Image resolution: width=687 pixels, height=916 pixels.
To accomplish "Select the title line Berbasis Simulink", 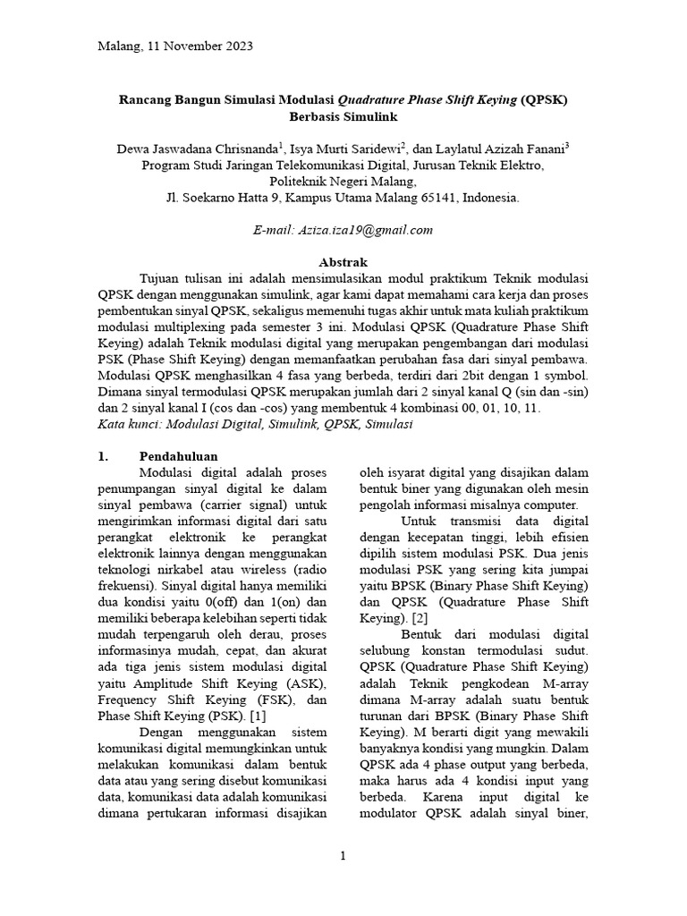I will pyautogui.click(x=343, y=116).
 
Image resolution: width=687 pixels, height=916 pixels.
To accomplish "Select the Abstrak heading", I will pyautogui.click(x=343, y=262).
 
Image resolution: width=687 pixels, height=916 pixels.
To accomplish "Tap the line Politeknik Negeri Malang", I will pyautogui.click(x=343, y=182).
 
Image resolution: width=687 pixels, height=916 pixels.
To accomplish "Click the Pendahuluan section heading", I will pyautogui.click(x=179, y=456).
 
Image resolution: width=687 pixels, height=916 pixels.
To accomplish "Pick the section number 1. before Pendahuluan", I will pyautogui.click(x=103, y=456).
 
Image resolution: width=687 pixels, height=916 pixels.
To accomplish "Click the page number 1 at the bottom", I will pyautogui.click(x=343, y=856).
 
